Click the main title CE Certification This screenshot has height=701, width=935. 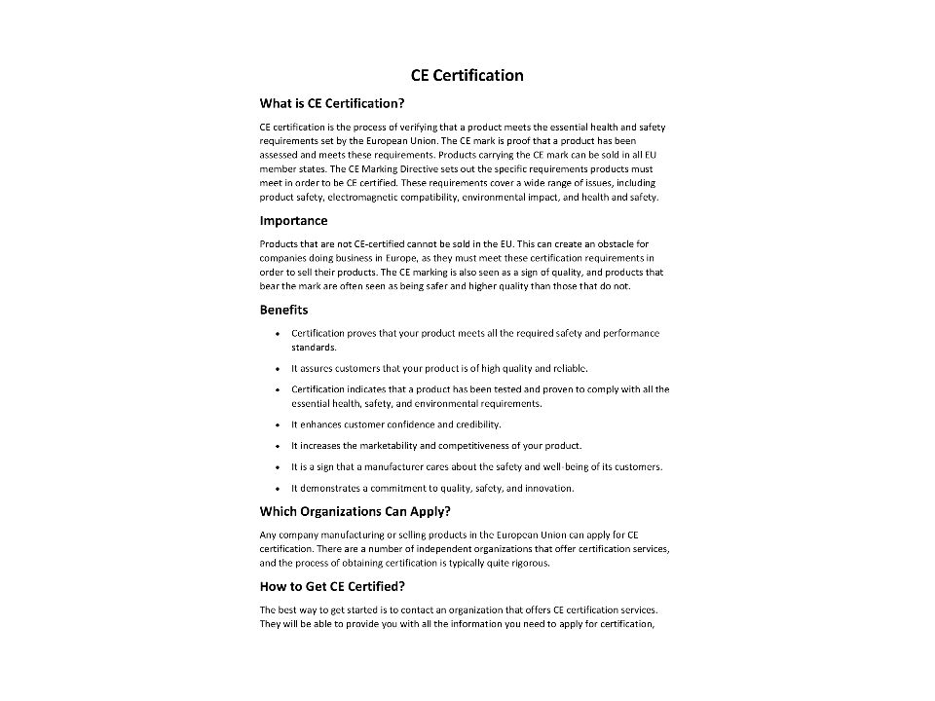pos(467,76)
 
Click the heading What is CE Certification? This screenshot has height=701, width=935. pos(331,103)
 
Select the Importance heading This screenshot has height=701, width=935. pos(293,221)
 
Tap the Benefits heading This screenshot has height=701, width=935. pos(283,310)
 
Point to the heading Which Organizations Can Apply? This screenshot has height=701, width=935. pos(355,511)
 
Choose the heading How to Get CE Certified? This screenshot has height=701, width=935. pos(332,586)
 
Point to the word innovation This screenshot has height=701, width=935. pos(548,488)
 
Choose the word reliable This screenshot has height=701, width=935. pos(570,369)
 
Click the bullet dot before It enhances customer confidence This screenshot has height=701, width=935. pos(279,424)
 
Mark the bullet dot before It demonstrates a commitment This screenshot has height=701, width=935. pos(279,488)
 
